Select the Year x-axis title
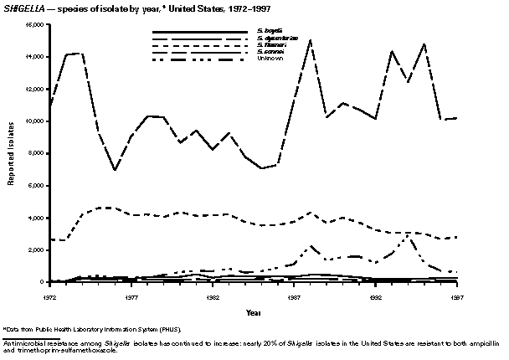253,312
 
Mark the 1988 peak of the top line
311,39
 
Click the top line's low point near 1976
115,170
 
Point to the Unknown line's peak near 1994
409,235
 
